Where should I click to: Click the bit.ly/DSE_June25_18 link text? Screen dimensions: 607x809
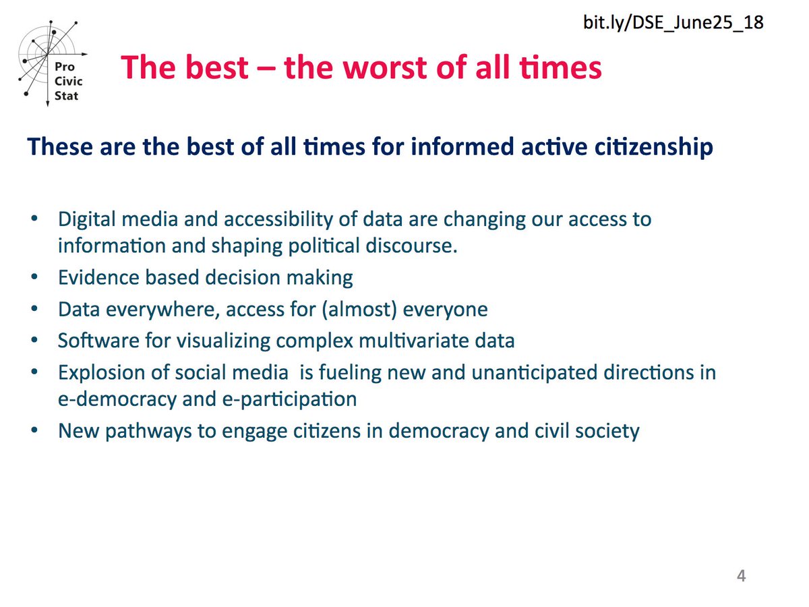pos(673,23)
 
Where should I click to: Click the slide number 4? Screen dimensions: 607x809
pos(741,577)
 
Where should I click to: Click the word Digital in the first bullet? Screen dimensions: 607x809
pos(85,220)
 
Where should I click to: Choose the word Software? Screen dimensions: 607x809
pos(91,340)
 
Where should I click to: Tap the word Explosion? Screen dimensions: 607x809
pos(96,372)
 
